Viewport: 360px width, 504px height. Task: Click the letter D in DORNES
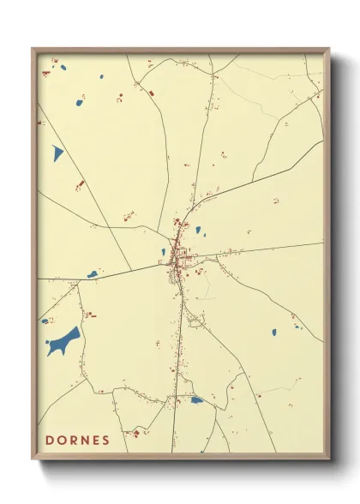[x=50, y=441]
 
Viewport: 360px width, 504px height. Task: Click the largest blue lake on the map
[x=64, y=342]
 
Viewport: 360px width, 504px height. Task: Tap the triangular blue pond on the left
[x=57, y=153]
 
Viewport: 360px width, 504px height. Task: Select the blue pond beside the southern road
[x=197, y=399]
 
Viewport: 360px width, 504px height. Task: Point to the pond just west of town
[x=163, y=252]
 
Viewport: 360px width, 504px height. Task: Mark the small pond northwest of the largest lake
[x=45, y=321]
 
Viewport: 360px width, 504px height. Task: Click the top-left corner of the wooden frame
[x=33, y=50]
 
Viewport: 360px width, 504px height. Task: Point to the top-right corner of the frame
[x=328, y=50]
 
